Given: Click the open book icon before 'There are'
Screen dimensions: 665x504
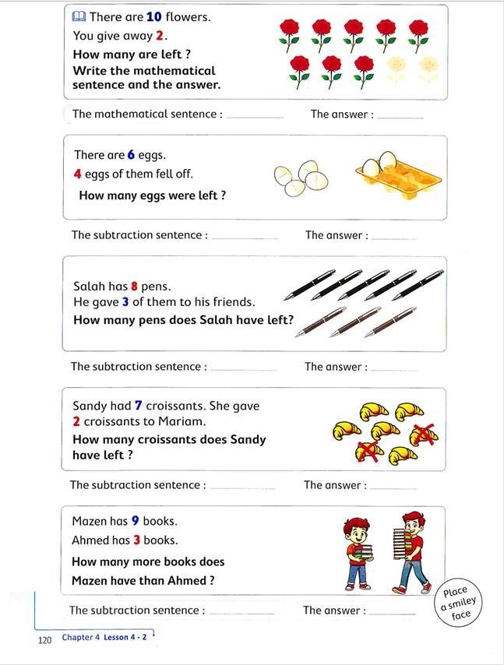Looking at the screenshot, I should [79, 16].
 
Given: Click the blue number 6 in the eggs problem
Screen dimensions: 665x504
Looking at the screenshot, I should [131, 155].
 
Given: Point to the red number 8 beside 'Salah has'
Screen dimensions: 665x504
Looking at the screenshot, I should [134, 287].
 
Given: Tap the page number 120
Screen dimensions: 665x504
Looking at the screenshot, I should [44, 640].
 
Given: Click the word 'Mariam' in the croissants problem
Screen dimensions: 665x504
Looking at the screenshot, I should [182, 421].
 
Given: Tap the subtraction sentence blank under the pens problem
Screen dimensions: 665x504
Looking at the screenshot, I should [243, 368].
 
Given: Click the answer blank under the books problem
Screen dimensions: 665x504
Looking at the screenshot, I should [392, 613].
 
